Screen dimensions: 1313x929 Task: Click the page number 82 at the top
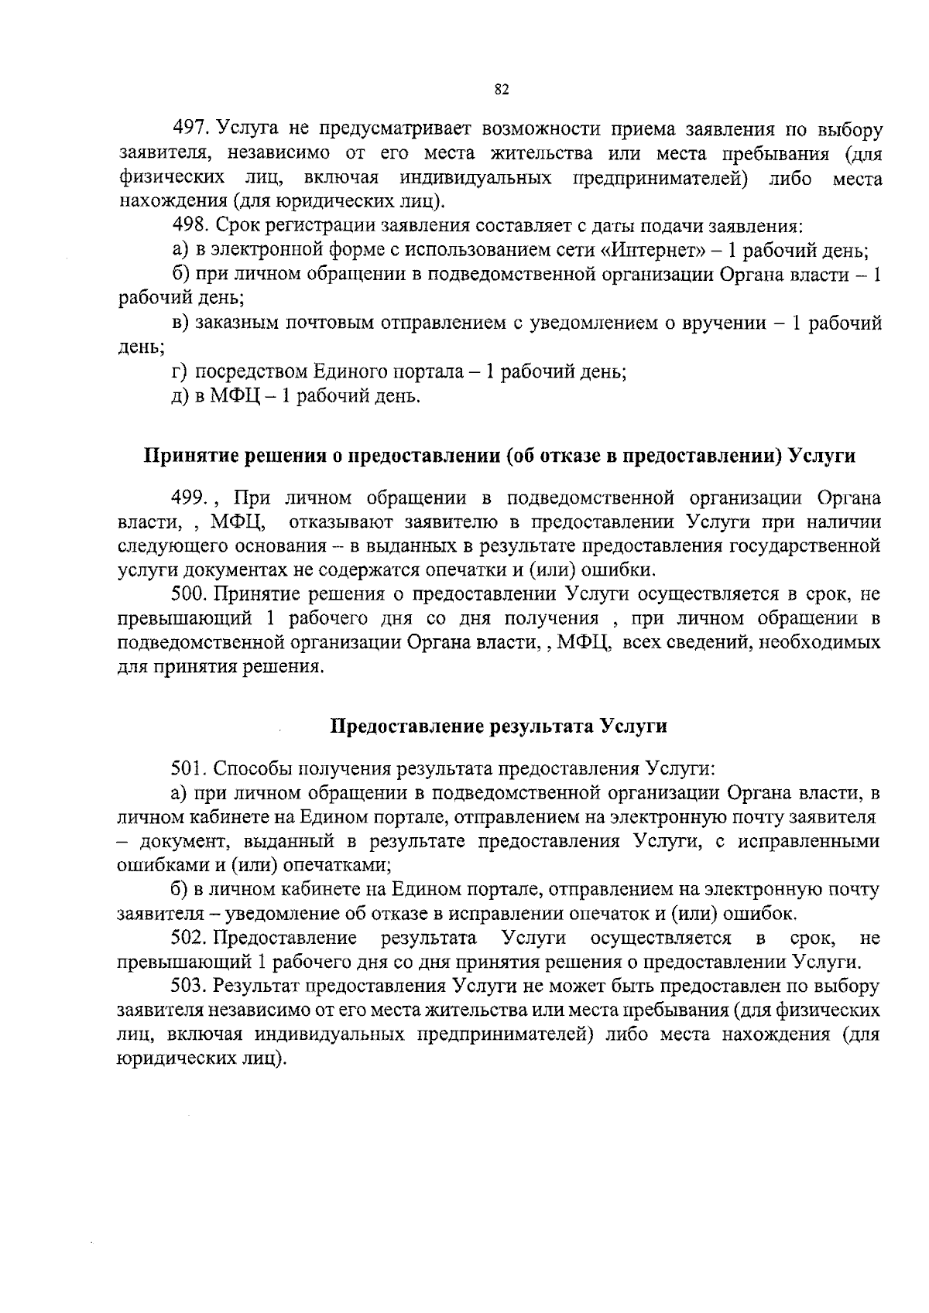[501, 90]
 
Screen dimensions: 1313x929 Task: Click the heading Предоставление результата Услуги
[499, 727]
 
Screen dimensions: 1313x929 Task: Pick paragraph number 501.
[189, 769]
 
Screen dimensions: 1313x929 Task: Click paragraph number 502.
[189, 939]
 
